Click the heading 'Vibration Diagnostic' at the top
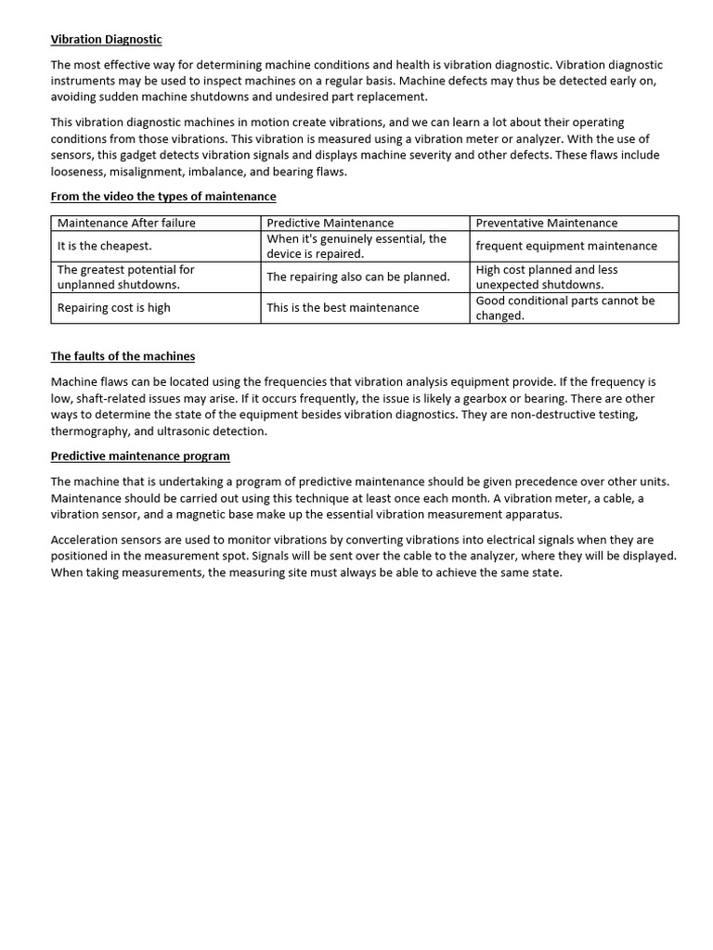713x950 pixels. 106,39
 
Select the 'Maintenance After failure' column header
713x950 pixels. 126,223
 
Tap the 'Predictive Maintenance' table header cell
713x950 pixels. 330,223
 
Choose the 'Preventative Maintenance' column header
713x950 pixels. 546,223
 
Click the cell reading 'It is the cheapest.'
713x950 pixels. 104,246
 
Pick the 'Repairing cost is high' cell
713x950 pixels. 113,308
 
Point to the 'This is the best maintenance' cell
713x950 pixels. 343,308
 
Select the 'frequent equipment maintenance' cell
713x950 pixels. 565,246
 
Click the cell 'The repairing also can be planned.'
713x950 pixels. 357,276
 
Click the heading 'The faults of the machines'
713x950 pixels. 123,356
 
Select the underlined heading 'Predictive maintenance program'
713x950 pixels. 140,456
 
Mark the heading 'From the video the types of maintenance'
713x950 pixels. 162,197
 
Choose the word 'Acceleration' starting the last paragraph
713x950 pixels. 85,539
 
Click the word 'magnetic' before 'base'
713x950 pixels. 209,514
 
